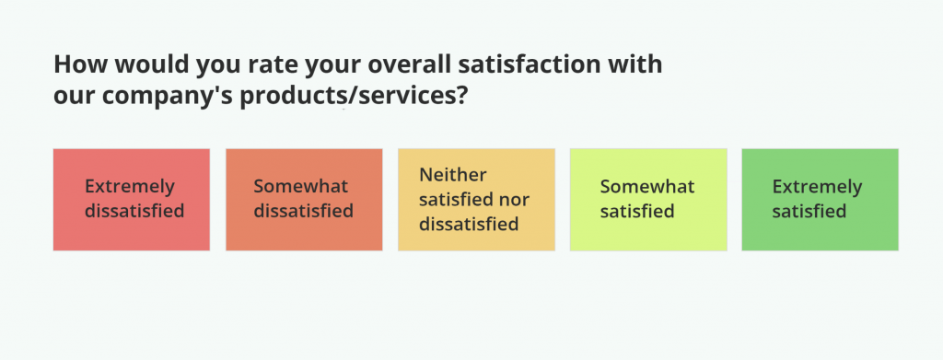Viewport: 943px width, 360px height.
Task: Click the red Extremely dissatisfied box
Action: click(x=132, y=200)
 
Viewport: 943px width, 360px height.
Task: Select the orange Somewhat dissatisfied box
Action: click(x=304, y=200)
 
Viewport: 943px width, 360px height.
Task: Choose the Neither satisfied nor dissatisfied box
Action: click(x=476, y=200)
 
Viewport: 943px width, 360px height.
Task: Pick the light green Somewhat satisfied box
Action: click(x=648, y=200)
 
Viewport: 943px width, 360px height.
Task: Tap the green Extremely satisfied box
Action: click(x=821, y=200)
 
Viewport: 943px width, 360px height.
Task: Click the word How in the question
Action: click(x=77, y=64)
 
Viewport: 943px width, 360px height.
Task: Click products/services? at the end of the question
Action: click(x=354, y=97)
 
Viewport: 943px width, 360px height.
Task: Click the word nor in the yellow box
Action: click(x=515, y=200)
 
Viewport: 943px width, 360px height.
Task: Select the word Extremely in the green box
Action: click(x=818, y=188)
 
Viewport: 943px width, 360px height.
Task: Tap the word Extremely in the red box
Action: click(x=130, y=187)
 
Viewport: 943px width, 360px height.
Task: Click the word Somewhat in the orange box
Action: click(x=301, y=186)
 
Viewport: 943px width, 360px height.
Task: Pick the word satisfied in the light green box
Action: click(x=637, y=212)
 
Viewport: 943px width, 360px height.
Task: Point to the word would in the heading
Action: click(x=148, y=64)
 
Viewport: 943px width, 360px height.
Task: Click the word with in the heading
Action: click(x=641, y=64)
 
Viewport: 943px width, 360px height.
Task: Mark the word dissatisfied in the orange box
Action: click(x=304, y=212)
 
